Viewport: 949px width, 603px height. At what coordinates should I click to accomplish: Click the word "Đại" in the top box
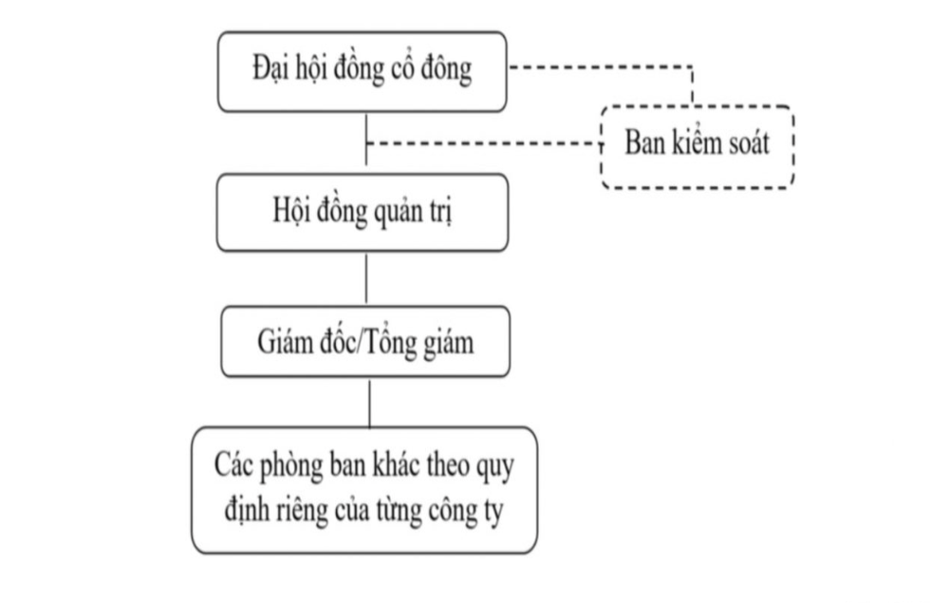click(x=270, y=67)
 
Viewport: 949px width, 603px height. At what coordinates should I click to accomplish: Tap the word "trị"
click(x=441, y=212)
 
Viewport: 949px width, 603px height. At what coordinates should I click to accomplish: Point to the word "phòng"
click(x=291, y=466)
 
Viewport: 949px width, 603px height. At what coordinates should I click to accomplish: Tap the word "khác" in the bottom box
click(x=394, y=465)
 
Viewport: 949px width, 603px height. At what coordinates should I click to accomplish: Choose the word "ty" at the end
click(x=493, y=511)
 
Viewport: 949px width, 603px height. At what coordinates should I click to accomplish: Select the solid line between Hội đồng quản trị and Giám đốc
click(x=366, y=278)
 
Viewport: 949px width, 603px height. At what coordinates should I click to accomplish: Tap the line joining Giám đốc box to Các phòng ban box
click(x=370, y=402)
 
